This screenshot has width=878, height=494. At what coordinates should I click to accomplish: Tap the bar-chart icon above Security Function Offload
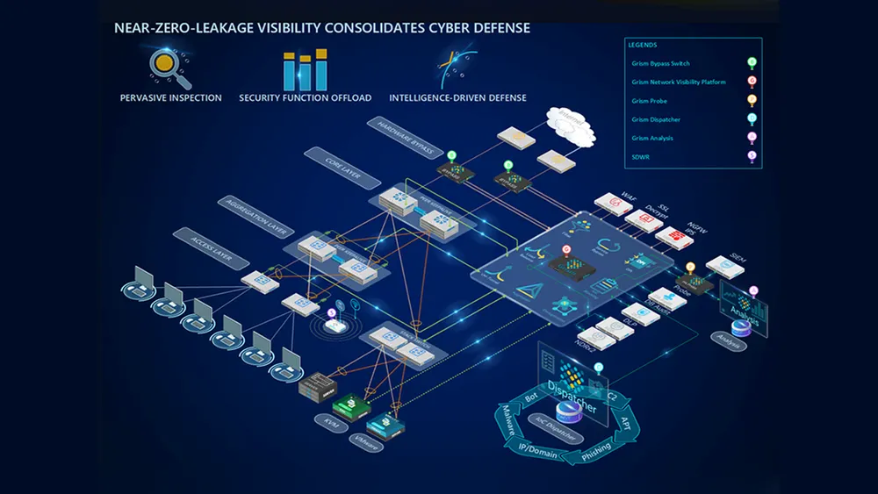pos(305,68)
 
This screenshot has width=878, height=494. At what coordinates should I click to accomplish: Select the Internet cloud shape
pos(569,127)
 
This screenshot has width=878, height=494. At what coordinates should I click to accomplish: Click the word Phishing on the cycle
pos(597,454)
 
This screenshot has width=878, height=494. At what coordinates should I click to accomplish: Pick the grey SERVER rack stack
pos(318,386)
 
